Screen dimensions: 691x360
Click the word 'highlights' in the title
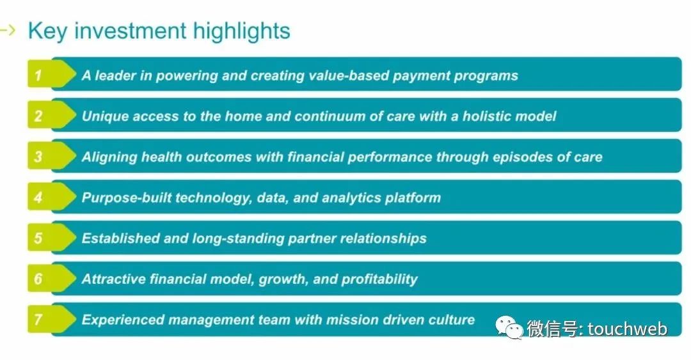[x=241, y=32]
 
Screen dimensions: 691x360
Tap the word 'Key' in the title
[x=47, y=32]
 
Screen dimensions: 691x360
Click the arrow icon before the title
[x=8, y=31]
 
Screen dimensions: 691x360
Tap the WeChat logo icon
[x=509, y=327]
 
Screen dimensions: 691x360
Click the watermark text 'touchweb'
[x=628, y=329]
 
